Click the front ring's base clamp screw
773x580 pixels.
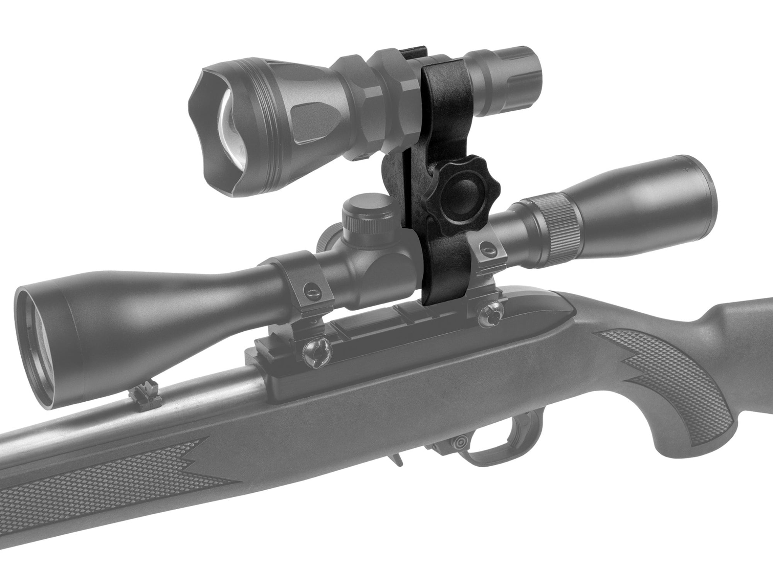point(315,353)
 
